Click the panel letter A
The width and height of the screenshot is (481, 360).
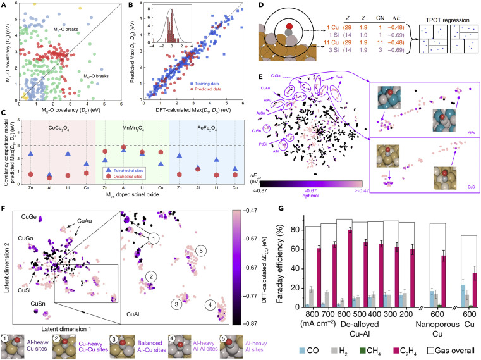[4, 4]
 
